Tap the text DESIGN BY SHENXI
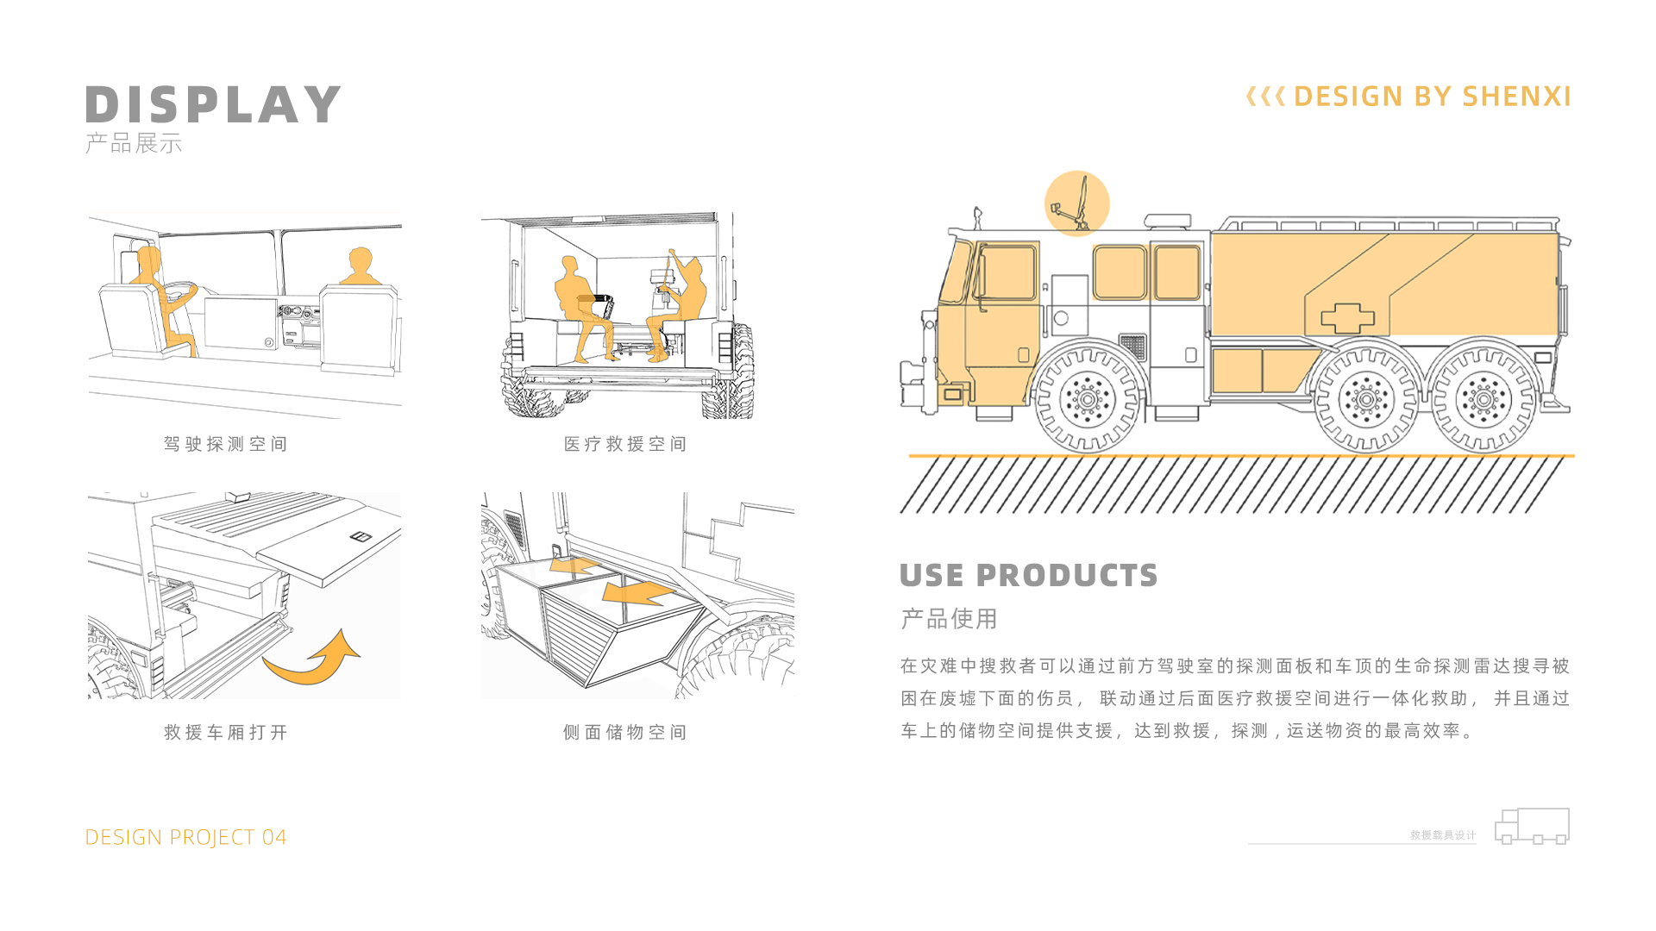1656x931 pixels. point(1432,97)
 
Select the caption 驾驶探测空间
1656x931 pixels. point(225,444)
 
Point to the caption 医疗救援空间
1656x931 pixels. point(625,444)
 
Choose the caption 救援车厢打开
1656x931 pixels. point(225,732)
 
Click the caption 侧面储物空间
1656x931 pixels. point(625,732)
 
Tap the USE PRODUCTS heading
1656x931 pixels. point(1028,575)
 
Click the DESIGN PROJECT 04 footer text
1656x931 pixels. point(185,837)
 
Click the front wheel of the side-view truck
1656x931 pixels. point(1088,399)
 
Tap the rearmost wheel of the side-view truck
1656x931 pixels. point(1483,399)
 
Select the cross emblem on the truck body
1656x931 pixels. point(1347,317)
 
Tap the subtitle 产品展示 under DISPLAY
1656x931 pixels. point(134,143)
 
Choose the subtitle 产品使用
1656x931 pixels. point(949,618)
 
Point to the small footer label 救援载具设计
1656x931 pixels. point(1442,834)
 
